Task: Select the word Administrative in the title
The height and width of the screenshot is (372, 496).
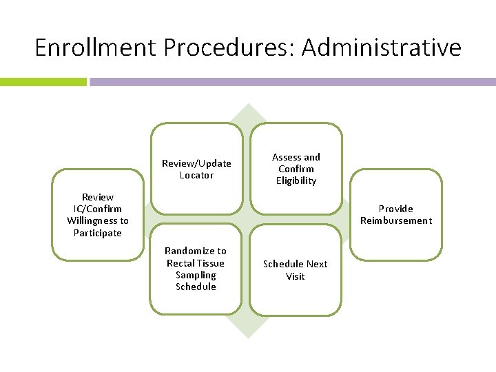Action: [382, 48]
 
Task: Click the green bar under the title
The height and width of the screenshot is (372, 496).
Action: [43, 81]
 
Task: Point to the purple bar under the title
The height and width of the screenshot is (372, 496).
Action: [292, 81]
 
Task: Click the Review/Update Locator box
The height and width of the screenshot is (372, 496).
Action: [196, 169]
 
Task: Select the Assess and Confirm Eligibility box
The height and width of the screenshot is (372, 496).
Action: [296, 169]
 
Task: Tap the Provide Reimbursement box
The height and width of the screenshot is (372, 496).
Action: [396, 214]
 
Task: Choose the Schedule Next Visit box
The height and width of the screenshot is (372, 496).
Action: [296, 269]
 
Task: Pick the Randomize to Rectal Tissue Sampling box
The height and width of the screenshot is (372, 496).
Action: [196, 269]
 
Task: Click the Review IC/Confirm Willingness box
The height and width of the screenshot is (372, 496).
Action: [98, 214]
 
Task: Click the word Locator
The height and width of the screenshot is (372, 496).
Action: [196, 175]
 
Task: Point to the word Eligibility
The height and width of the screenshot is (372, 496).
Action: [296, 180]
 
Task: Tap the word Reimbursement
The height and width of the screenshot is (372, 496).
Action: [396, 220]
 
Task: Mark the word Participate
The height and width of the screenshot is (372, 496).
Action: [98, 233]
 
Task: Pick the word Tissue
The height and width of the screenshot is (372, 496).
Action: [210, 263]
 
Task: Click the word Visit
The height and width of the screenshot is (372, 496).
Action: [296, 276]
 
